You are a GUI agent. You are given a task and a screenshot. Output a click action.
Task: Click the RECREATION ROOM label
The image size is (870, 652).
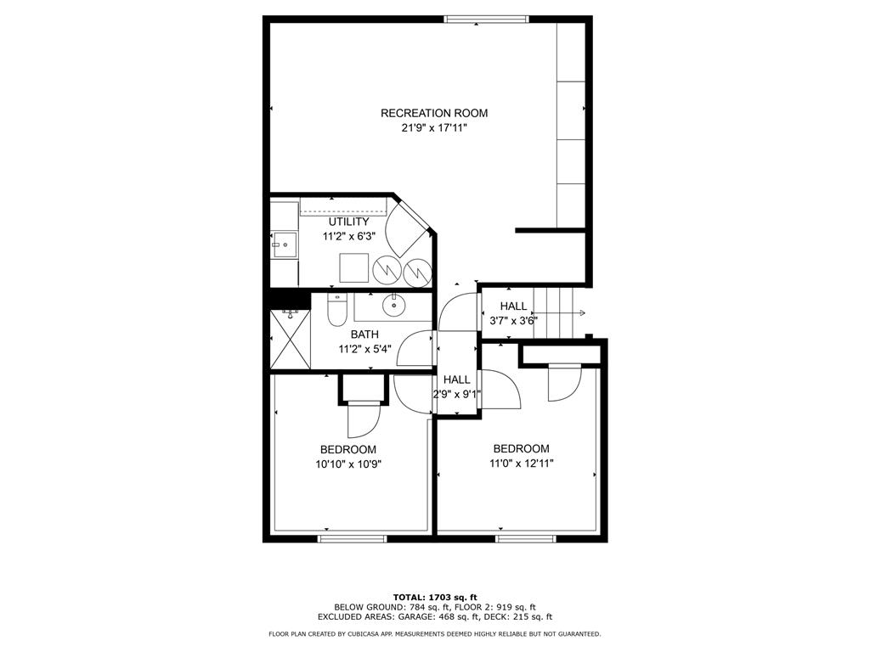point(434,113)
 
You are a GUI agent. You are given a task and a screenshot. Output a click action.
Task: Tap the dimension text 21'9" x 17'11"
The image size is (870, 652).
point(434,128)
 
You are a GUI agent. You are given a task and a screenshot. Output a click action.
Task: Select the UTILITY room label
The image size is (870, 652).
point(349,222)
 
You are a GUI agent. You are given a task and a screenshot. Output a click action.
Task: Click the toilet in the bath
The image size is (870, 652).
point(337,310)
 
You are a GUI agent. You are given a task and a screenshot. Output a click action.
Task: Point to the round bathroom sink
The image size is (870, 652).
point(394,304)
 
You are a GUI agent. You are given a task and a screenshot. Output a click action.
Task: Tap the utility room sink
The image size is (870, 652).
point(285,245)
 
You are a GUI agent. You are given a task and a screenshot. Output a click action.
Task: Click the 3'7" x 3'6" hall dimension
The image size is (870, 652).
point(513,321)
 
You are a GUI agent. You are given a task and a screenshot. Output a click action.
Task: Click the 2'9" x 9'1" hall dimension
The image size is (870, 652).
point(457,394)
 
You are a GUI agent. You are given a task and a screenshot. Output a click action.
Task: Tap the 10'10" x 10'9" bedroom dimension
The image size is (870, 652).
point(348,464)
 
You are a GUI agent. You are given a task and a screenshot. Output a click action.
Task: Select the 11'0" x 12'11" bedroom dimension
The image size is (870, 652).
point(521,464)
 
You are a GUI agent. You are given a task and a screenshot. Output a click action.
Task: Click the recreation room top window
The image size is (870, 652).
point(486,19)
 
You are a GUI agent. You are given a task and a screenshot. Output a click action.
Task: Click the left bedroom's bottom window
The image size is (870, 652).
point(352,538)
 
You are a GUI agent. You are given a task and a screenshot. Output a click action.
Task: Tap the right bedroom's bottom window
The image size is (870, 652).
point(526,538)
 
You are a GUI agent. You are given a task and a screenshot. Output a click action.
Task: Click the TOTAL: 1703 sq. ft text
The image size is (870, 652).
point(434,597)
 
